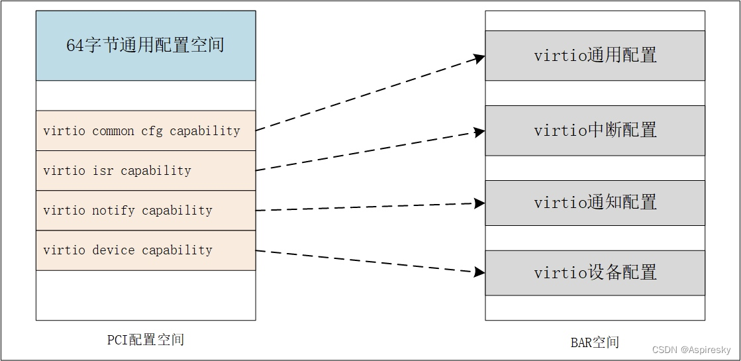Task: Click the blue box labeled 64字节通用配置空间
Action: pyautogui.click(x=146, y=45)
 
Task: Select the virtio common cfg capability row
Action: pyautogui.click(x=146, y=130)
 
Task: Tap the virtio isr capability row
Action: pyautogui.click(x=146, y=171)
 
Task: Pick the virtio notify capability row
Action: pyautogui.click(x=146, y=211)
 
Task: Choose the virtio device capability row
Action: pyautogui.click(x=146, y=250)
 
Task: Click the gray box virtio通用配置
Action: pyautogui.click(x=595, y=55)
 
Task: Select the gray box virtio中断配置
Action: pyautogui.click(x=595, y=130)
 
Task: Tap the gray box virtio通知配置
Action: pyautogui.click(x=595, y=203)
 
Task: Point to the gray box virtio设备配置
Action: pyautogui.click(x=595, y=272)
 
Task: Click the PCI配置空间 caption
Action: pyautogui.click(x=146, y=340)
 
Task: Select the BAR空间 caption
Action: pyautogui.click(x=595, y=342)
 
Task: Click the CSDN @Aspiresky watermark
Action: pyautogui.click(x=691, y=350)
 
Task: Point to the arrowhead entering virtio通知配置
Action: pyautogui.click(x=479, y=203)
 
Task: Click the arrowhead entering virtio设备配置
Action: pyautogui.click(x=479, y=272)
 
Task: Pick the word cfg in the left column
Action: pyautogui.click(x=152, y=131)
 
